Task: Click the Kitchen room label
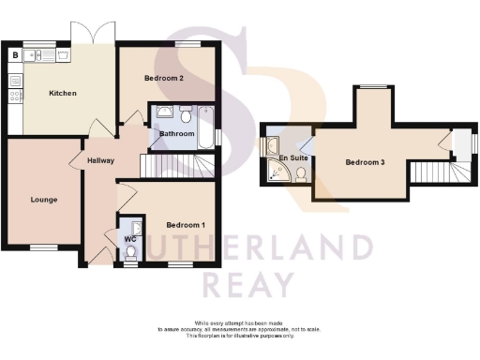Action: click(63, 94)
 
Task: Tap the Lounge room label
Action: click(43, 200)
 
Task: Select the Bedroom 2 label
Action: click(163, 78)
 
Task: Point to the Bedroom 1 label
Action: click(185, 225)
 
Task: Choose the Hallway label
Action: click(100, 160)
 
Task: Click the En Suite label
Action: click(294, 159)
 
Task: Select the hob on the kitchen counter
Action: click(15, 94)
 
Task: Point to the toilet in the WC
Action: click(130, 252)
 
